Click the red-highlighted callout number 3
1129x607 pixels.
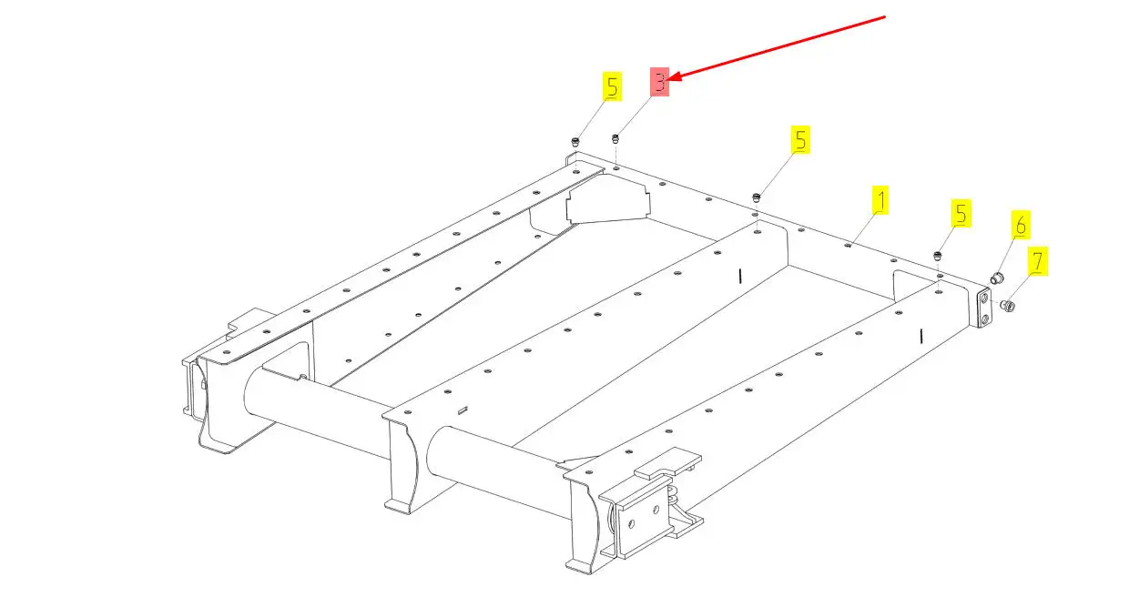coord(659,80)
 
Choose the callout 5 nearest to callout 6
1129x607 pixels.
coord(961,214)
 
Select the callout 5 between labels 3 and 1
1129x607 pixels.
coord(800,140)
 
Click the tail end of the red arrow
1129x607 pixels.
coord(885,17)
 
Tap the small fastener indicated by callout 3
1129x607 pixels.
coord(616,138)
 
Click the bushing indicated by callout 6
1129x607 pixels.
coord(996,276)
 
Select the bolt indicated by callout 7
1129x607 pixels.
coord(1009,306)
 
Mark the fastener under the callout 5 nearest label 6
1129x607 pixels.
coord(938,256)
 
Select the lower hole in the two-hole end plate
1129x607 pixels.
coord(985,318)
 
